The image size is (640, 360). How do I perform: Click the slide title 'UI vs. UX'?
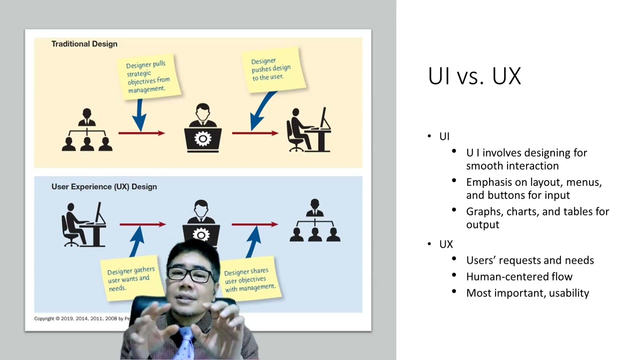click(474, 76)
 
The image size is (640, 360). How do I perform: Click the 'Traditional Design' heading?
click(84, 44)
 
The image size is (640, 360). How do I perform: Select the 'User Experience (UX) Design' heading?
click(104, 186)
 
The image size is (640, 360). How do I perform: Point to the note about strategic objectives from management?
click(148, 77)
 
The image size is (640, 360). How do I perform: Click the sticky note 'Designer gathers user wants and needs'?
click(131, 279)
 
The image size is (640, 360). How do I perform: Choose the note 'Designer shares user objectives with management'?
click(249, 280)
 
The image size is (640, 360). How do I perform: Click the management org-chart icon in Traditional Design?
click(87, 131)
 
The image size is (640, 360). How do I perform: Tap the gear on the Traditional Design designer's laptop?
click(202, 139)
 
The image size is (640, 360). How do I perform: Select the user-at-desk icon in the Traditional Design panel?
click(308, 131)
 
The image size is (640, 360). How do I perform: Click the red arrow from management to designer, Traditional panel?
click(141, 133)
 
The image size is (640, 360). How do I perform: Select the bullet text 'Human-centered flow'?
click(519, 276)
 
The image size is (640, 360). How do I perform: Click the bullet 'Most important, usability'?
click(527, 293)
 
